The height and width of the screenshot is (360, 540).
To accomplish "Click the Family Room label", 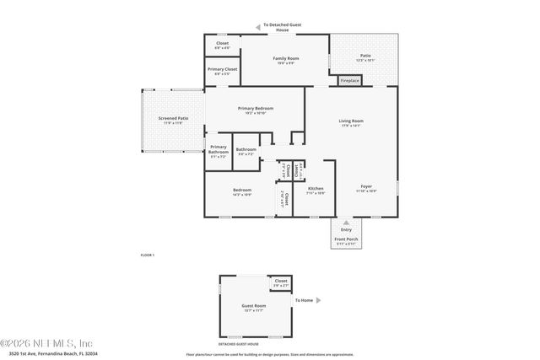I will pyautogui.click(x=285, y=58).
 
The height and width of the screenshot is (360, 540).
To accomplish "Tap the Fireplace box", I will pyautogui.click(x=349, y=81).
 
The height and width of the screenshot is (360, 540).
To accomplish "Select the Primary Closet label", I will pyautogui.click(x=223, y=70).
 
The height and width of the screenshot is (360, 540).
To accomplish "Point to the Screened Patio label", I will pyautogui.click(x=172, y=119).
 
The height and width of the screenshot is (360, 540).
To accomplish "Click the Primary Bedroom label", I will pyautogui.click(x=256, y=108).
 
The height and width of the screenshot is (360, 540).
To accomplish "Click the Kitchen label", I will pyautogui.click(x=316, y=188).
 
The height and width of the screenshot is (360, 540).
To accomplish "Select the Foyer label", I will pyautogui.click(x=366, y=187).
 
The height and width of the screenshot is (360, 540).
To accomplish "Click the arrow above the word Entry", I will pyautogui.click(x=346, y=223).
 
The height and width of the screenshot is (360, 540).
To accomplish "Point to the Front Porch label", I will pyautogui.click(x=346, y=239).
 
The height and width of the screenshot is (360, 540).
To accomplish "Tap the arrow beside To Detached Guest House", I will pyautogui.click(x=258, y=26).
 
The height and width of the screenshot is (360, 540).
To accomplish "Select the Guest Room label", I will pyautogui.click(x=254, y=307).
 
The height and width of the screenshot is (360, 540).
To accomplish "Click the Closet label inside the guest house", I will pyautogui.click(x=281, y=281).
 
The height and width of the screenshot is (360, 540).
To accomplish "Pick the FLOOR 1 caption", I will pyautogui.click(x=148, y=255).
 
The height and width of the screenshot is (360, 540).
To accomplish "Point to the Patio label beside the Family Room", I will pyautogui.click(x=365, y=56).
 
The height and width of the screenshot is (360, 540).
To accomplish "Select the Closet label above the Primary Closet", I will pyautogui.click(x=223, y=43).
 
